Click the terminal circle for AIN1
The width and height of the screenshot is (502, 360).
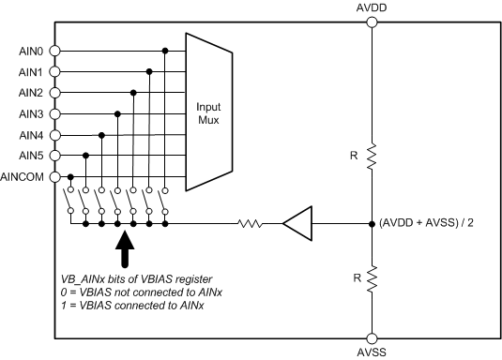54,71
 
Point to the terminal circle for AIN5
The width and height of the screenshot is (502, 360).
54,155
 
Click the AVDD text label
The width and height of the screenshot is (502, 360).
373,8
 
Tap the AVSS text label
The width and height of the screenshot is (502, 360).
373,353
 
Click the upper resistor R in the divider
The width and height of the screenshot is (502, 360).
373,156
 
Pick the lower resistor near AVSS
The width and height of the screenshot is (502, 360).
373,278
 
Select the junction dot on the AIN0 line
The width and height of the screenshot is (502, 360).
166,51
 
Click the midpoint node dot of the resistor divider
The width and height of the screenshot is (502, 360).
373,224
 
